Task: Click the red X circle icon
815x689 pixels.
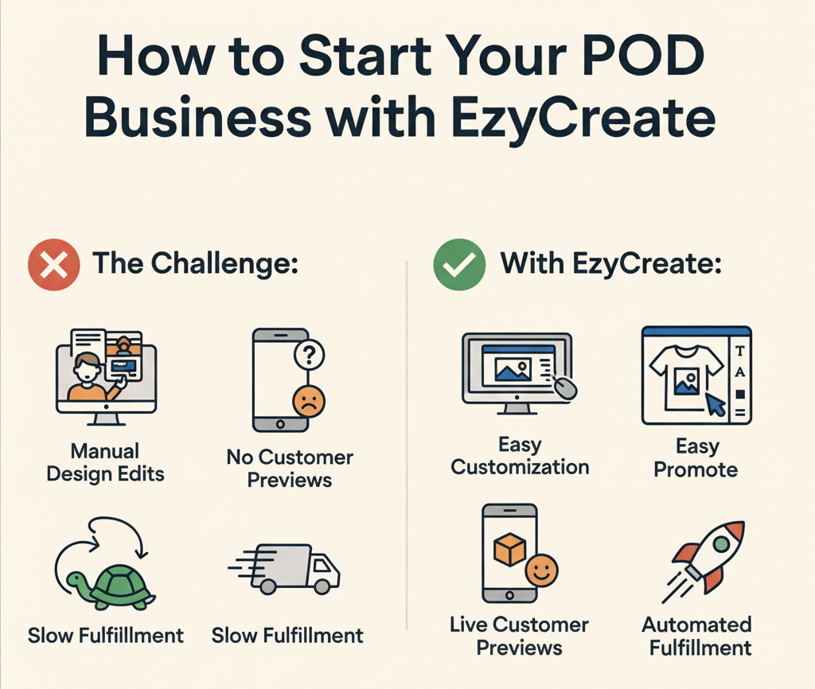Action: click(x=53, y=265)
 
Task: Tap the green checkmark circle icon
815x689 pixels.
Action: click(x=459, y=265)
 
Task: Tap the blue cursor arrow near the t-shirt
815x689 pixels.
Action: click(x=716, y=406)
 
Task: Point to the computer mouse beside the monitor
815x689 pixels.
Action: click(x=566, y=387)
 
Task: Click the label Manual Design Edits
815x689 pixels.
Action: click(x=105, y=463)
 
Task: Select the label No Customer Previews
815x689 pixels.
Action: click(x=290, y=469)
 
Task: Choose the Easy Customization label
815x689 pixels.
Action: click(x=520, y=456)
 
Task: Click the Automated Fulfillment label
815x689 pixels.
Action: click(x=697, y=636)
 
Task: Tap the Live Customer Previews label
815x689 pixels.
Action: click(x=519, y=636)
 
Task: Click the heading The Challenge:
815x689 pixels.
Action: click(x=196, y=264)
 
